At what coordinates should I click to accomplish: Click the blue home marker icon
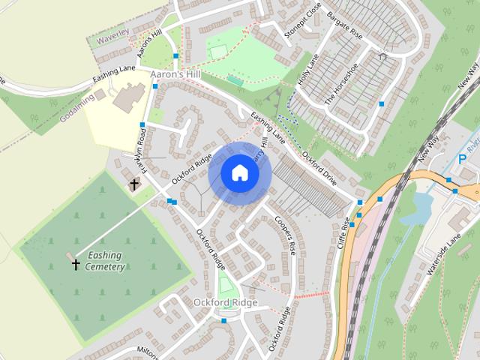239,173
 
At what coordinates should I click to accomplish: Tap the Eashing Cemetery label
104,260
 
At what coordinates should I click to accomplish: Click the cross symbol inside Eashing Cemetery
76,263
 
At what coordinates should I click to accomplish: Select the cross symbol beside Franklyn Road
135,184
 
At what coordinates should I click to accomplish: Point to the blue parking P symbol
461,160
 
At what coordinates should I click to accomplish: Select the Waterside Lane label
443,255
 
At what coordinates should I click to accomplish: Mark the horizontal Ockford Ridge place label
225,302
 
